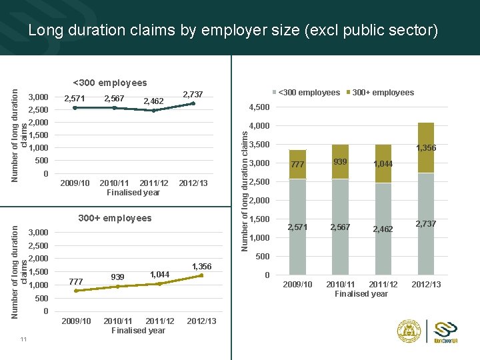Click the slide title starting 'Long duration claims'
(233, 30)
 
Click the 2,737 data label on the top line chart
(193, 94)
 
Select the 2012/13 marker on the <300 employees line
(193, 103)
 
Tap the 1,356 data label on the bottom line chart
(201, 266)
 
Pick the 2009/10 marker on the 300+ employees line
(76, 291)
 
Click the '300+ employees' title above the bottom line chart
(115, 218)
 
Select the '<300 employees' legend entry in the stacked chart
(308, 93)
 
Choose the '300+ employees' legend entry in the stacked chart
(383, 93)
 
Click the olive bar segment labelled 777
(297, 165)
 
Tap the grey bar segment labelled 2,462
(383, 229)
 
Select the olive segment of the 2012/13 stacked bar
(425, 147)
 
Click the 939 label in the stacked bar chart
(340, 162)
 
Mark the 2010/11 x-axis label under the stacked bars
(340, 284)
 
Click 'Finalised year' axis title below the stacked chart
(361, 293)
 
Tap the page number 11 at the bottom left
(23, 340)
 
